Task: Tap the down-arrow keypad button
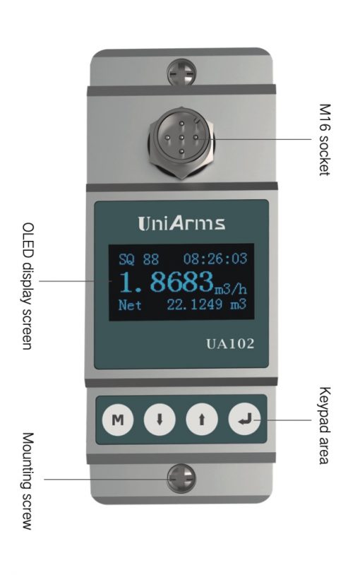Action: [160, 419]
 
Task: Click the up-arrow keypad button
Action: [202, 419]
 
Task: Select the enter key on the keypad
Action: [244, 419]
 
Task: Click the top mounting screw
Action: [181, 73]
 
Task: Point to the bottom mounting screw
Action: [181, 478]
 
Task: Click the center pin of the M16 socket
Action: [181, 138]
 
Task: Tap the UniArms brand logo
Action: [181, 223]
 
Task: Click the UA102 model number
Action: [230, 344]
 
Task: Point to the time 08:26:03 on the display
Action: [215, 259]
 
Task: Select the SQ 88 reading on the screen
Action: [138, 259]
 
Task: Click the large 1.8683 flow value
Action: [166, 282]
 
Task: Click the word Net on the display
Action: [130, 305]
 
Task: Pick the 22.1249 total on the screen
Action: [195, 304]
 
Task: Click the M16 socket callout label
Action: [325, 140]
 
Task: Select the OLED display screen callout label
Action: [28, 285]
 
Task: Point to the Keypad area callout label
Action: [325, 425]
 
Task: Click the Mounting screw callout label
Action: [28, 481]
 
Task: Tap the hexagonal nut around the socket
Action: [181, 143]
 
